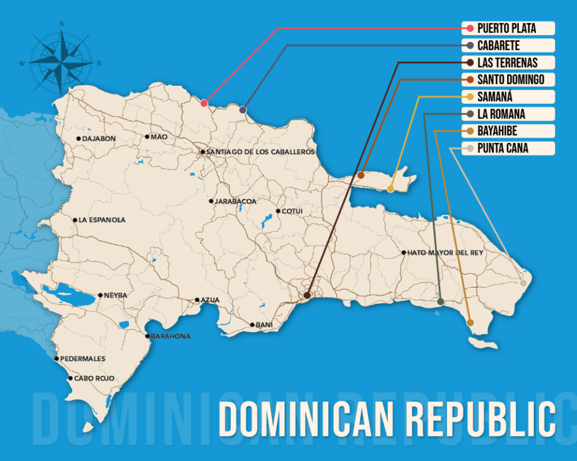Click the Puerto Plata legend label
[x=508, y=28]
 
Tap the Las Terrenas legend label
[x=508, y=62]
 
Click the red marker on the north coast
[x=204, y=103]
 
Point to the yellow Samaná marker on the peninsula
[x=391, y=189]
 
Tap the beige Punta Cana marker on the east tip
[x=523, y=283]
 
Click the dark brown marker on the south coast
[x=307, y=295]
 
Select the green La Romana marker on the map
[x=441, y=301]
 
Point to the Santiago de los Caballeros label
[x=260, y=152]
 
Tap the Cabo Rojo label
[x=94, y=379]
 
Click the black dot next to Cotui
[x=278, y=211]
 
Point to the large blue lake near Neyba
[x=66, y=295]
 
